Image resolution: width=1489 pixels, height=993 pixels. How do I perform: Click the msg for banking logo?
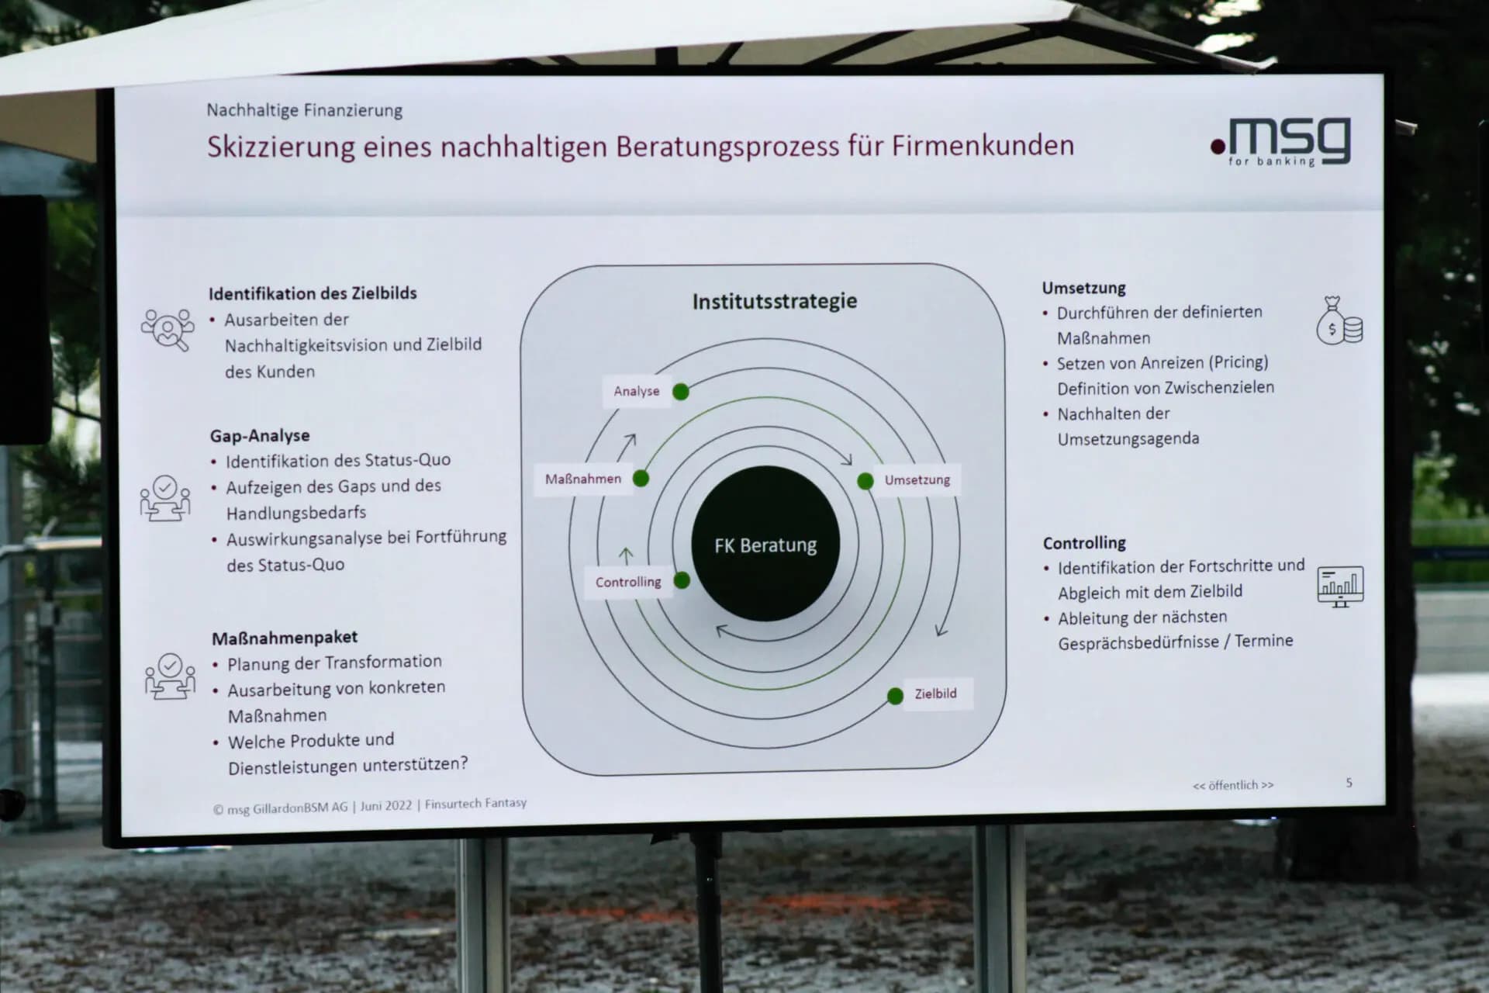tap(1280, 142)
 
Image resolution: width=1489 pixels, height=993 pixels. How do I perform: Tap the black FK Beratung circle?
tap(765, 544)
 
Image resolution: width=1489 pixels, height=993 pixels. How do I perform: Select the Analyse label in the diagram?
tap(636, 391)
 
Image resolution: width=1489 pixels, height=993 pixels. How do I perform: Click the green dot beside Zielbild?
tap(895, 696)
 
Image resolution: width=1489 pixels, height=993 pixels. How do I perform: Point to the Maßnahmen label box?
tap(583, 479)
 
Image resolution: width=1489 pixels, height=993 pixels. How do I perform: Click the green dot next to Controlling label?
tap(682, 580)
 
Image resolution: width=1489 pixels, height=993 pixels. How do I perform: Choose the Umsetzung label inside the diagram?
tap(917, 479)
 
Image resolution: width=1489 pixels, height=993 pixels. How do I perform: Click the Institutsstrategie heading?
tap(775, 301)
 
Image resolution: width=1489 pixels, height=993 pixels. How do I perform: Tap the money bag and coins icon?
tap(1339, 320)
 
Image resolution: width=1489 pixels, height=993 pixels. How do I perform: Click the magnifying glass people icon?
tap(168, 330)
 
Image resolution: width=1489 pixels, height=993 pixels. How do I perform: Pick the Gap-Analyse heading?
tap(260, 435)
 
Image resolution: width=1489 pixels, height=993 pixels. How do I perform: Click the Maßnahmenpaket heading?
tap(285, 638)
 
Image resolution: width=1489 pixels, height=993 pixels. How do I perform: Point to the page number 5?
tap(1349, 783)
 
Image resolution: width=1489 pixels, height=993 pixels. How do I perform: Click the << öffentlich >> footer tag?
tap(1233, 785)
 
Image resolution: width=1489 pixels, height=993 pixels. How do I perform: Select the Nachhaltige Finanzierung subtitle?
tap(304, 110)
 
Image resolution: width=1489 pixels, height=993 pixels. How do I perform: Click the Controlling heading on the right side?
tap(1084, 543)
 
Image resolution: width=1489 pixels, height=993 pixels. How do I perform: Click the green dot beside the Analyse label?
tap(681, 392)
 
